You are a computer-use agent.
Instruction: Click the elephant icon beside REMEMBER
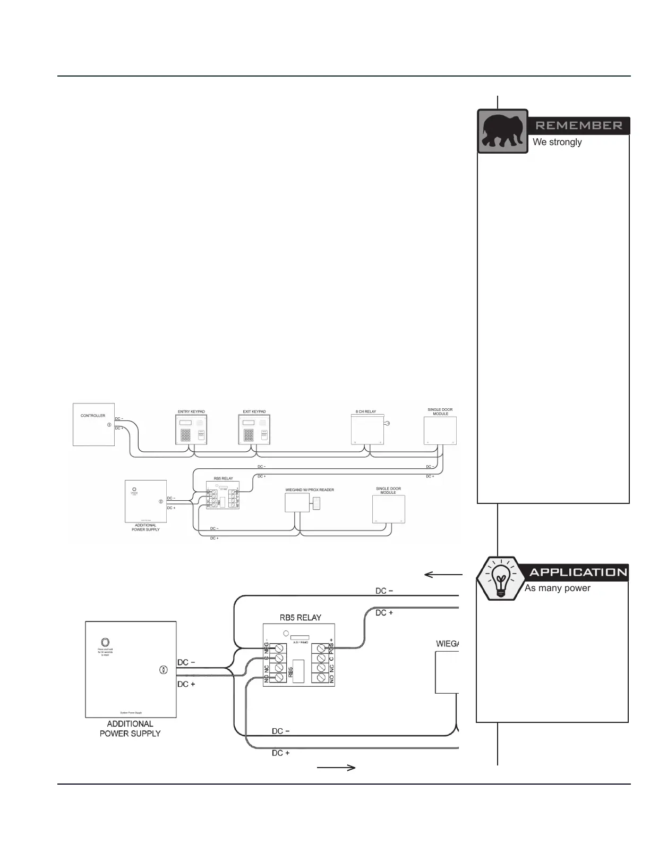tap(502, 131)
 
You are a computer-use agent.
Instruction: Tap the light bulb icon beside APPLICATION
tap(499, 579)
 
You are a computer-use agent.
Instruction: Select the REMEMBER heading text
tap(578, 125)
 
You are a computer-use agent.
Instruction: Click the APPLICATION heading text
tap(578, 572)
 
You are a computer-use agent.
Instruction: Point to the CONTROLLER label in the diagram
tap(93, 416)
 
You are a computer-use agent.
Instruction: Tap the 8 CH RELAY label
tap(366, 412)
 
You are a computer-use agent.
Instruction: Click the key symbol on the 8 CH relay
tap(387, 424)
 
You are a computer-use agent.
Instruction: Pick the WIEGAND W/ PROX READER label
tap(310, 490)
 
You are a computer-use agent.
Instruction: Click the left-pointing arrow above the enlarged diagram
tap(443, 575)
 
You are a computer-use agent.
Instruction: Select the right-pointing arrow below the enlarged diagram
tap(336, 768)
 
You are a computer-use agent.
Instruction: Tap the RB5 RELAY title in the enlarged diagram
tap(300, 618)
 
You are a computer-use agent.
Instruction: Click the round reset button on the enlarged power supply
tap(105, 642)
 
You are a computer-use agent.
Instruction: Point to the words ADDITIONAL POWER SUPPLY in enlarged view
tap(130, 728)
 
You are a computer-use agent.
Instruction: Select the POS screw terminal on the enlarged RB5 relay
tap(320, 647)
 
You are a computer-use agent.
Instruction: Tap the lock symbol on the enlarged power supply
tap(164, 670)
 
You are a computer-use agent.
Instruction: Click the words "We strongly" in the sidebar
tap(557, 142)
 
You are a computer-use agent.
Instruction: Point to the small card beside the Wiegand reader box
tap(317, 503)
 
